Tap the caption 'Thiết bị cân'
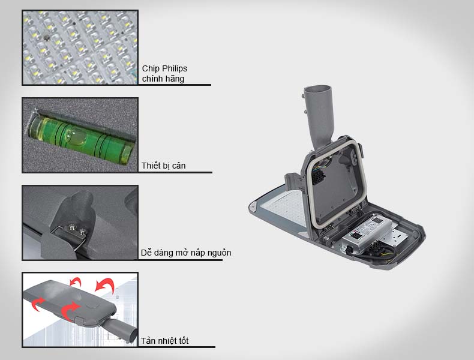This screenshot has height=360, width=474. pyautogui.click(x=164, y=166)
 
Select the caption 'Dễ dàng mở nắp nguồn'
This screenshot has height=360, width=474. pyautogui.click(x=186, y=253)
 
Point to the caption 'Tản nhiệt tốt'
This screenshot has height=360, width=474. pyautogui.click(x=164, y=341)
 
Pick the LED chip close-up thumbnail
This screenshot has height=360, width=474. pyautogui.click(x=80, y=47)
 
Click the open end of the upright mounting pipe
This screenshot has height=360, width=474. pyautogui.click(x=317, y=90)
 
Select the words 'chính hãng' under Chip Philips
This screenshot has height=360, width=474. pyautogui.click(x=163, y=79)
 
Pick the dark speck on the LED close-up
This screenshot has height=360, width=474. pyautogui.click(x=46, y=38)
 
